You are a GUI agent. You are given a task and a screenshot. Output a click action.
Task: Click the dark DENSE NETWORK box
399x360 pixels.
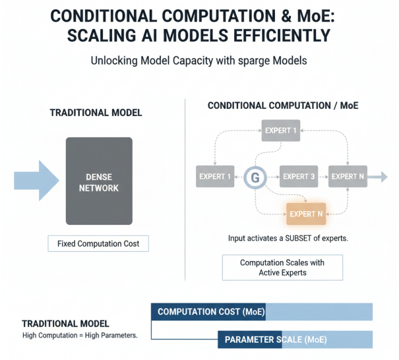99,181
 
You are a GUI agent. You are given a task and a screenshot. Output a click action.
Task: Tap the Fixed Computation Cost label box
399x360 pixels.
98,243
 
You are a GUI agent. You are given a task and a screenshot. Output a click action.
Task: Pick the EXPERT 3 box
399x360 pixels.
299,177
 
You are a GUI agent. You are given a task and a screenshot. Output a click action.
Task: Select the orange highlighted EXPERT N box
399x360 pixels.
307,214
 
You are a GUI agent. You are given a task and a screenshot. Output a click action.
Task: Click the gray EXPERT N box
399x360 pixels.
348,177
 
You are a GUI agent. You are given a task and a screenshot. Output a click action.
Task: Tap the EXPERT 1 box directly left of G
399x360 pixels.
215,177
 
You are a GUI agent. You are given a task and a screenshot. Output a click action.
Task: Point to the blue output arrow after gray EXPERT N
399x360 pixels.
378,177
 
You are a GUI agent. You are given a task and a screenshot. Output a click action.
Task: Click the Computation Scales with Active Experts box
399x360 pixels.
282,267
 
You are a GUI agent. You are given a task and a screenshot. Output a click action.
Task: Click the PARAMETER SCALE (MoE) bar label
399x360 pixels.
276,340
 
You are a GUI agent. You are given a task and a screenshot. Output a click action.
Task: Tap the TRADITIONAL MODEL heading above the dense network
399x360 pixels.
96,113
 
